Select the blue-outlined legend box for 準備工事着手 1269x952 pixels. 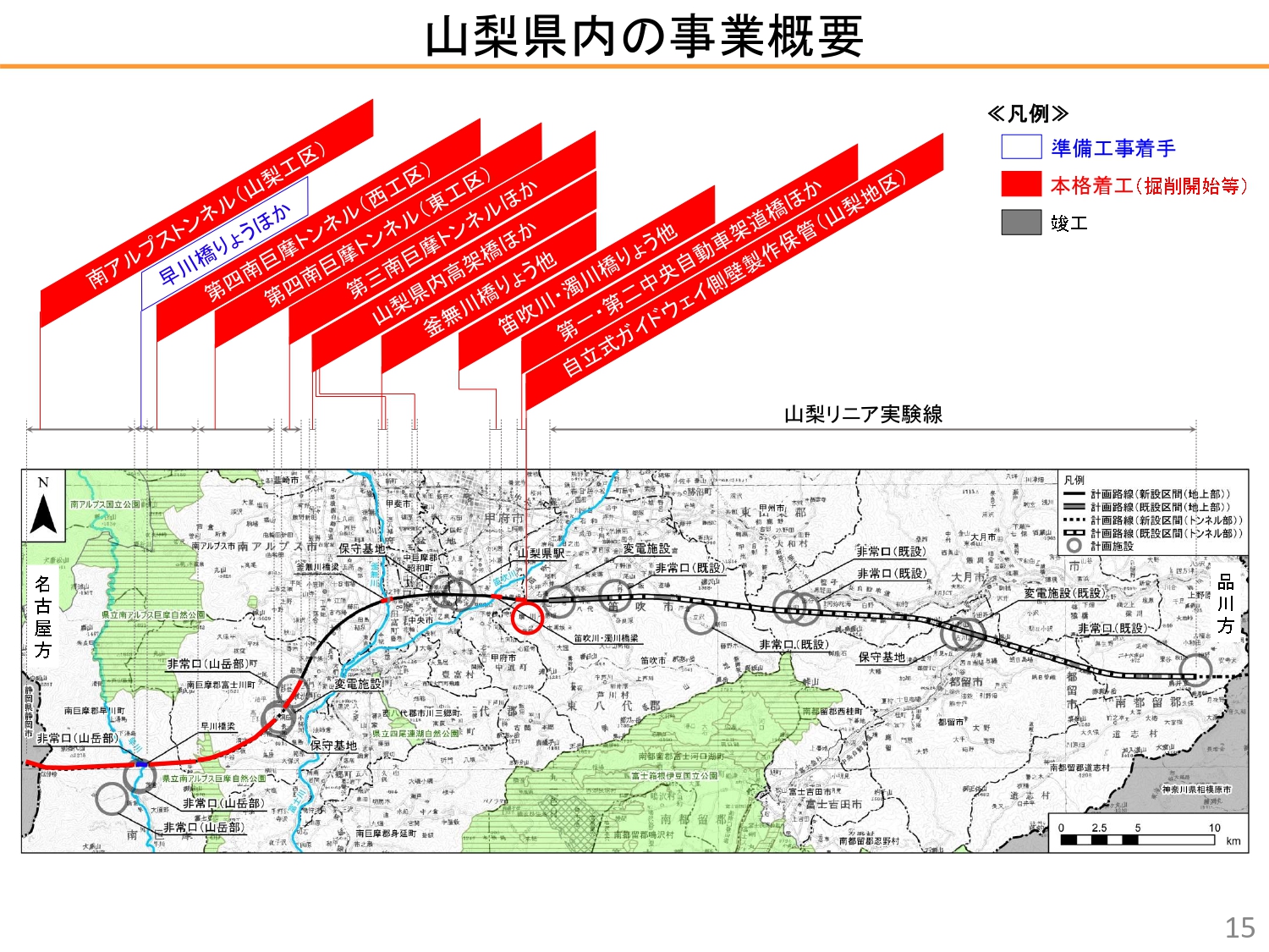[1020, 147]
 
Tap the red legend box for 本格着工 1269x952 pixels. [1020, 184]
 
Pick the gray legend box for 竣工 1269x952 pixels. [1020, 223]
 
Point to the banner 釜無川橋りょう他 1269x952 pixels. [489, 292]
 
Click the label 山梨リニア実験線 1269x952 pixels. [863, 414]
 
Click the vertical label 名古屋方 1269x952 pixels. [43, 616]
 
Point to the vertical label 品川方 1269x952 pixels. [1225, 603]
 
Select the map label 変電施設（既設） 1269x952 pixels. [1063, 593]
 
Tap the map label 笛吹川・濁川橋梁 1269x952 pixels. [606, 639]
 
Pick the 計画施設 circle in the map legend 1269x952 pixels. [1074, 546]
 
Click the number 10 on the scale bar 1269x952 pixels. [1214, 828]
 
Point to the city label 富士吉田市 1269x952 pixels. [833, 804]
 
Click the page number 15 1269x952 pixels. [1239, 927]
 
